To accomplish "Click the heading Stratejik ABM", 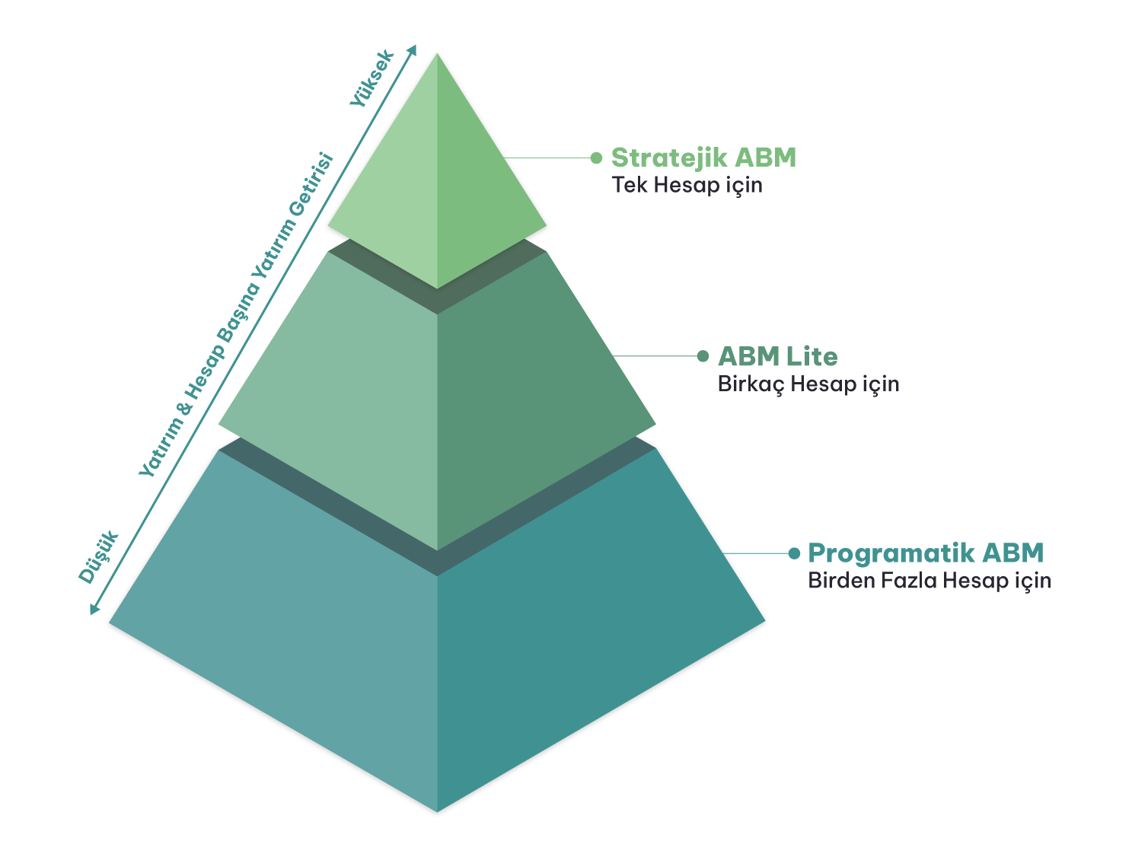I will tap(703, 158).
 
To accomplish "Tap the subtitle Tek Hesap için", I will tap(687, 185).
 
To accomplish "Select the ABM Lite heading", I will tap(777, 356).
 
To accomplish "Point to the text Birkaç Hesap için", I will tap(808, 384).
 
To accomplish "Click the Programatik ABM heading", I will tap(925, 553).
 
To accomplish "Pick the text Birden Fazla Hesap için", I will tap(929, 581).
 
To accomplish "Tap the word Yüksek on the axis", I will tap(372, 78).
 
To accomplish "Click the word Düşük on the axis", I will tap(100, 557).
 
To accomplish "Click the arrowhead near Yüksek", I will tap(413, 49).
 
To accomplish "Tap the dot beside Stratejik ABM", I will tap(596, 158).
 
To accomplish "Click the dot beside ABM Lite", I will tap(703, 355).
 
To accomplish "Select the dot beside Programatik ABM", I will tap(794, 553).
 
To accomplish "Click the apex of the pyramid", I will tap(437, 54).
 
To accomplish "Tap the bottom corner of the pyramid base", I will tap(437, 810).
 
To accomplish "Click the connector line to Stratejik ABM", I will tap(548, 158).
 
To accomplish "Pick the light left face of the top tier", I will tap(396, 205).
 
